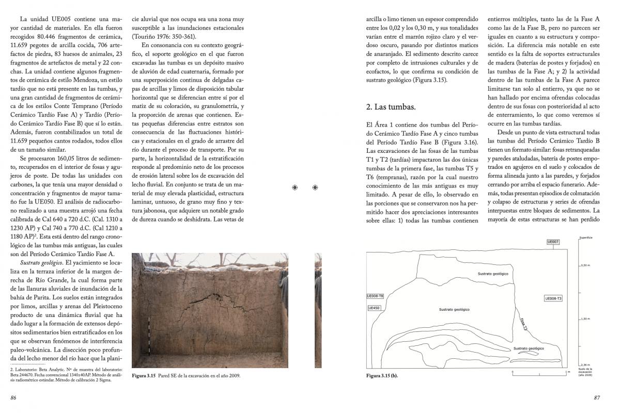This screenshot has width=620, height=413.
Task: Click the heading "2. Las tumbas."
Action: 391,107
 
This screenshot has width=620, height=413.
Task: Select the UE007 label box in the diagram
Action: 553,242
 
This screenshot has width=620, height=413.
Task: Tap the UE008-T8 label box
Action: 375,296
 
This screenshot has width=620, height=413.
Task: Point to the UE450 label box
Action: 374,308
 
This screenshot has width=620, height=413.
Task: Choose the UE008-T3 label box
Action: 553,298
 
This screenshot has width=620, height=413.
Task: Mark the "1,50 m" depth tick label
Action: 586,319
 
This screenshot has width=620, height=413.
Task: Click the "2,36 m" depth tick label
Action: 585,364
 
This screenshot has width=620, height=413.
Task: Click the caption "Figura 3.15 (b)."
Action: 382,375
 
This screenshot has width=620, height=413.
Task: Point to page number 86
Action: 14,398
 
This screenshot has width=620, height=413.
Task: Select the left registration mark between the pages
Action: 295,187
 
